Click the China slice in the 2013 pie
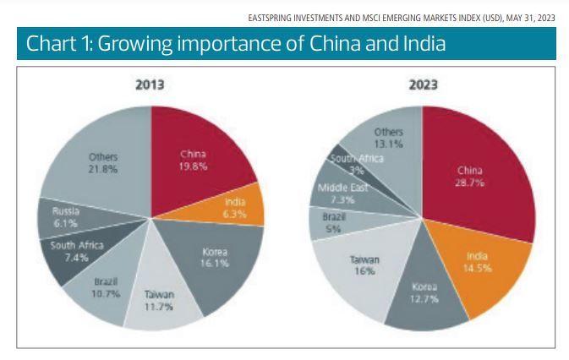pos(193,161)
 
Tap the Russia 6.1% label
pos(65,217)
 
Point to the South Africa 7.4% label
pos(75,251)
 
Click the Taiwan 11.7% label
pos(159,299)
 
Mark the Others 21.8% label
pos(103,162)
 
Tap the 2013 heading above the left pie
pos(150,85)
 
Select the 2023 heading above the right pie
pos(423,85)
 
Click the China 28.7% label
pos(469,176)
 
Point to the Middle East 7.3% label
pos(341,193)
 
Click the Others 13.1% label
pos(389,138)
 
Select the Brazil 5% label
pos(333,222)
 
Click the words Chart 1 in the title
pos(57,45)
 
